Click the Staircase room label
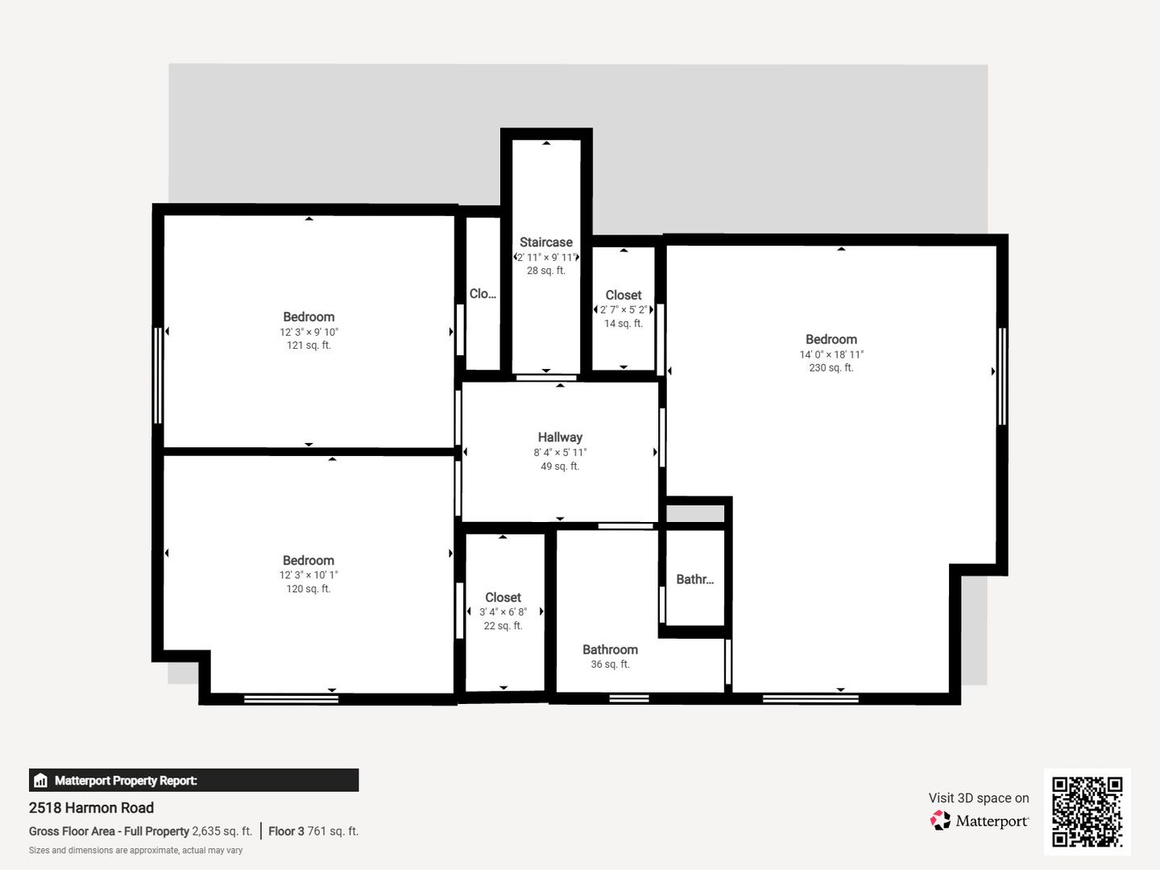(x=546, y=242)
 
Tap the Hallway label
(x=560, y=437)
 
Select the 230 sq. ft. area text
(x=831, y=367)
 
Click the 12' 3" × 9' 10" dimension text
(x=309, y=332)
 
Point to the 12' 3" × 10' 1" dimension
(x=309, y=574)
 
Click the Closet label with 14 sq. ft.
(x=623, y=295)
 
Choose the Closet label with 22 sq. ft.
(x=503, y=597)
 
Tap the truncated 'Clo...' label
(x=483, y=294)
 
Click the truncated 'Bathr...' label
(x=695, y=579)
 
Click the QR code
(x=1087, y=811)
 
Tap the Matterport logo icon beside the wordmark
(x=940, y=820)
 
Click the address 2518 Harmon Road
(x=91, y=808)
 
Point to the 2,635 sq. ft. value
(x=222, y=831)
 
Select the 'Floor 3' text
(x=287, y=831)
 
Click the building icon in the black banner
(x=40, y=781)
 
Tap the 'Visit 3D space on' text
(x=979, y=797)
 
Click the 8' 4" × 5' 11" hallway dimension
(x=560, y=452)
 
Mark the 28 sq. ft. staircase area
(x=546, y=271)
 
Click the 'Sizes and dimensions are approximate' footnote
(x=135, y=851)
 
